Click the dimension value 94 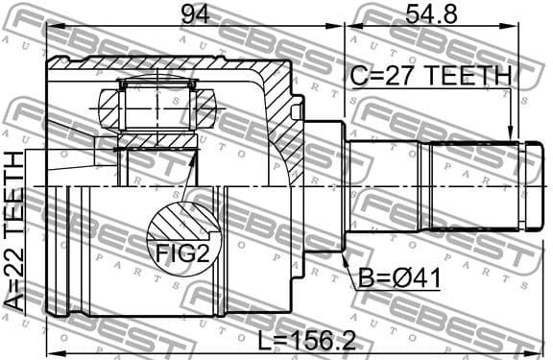(x=195, y=16)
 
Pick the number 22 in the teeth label (x=15, y=269)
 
